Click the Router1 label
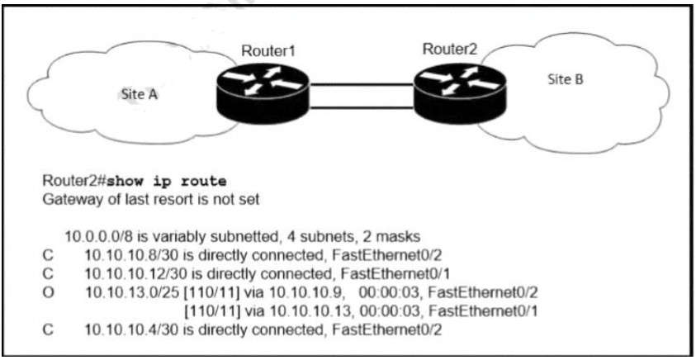[x=268, y=50]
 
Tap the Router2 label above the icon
[x=450, y=49]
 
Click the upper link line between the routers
[x=360, y=83]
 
